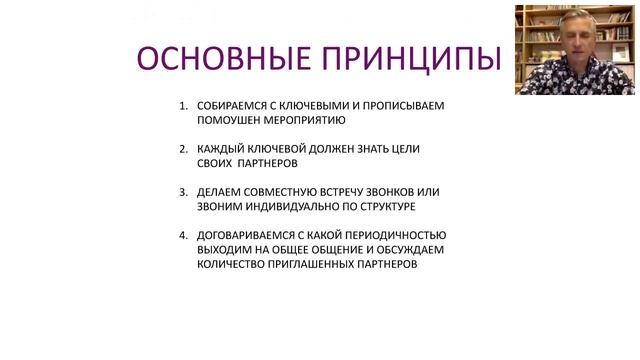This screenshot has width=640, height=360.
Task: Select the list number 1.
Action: (x=182, y=105)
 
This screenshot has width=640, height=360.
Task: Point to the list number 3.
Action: (x=182, y=191)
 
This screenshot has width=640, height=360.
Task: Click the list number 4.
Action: (x=182, y=235)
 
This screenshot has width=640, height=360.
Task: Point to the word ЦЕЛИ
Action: (x=405, y=148)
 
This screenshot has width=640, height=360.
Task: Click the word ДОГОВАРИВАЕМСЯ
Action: (x=248, y=235)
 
